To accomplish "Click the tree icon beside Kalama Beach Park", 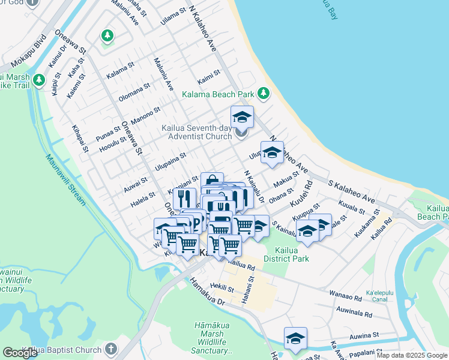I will coord(263,93).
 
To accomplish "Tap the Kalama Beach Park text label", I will coord(218,94).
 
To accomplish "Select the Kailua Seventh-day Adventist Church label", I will coord(196,132).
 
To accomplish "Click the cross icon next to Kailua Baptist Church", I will coord(110,349).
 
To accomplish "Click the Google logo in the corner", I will coord(20,353).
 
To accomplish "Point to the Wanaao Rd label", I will coord(346,295).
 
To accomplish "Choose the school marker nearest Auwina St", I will coord(295,339).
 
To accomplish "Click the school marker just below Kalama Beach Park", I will coord(242,116).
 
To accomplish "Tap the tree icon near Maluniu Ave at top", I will coord(107,36).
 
